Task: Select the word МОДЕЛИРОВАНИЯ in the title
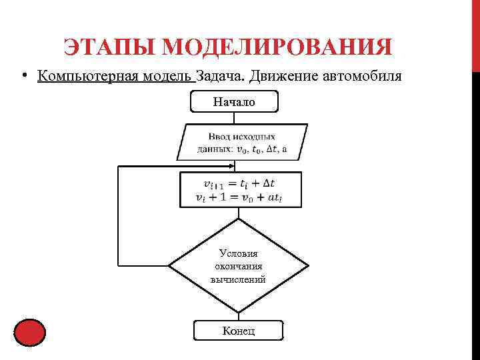point(277,48)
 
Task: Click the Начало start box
point(234,101)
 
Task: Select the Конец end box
point(238,331)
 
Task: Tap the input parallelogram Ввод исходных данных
point(242,142)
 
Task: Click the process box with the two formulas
point(240,190)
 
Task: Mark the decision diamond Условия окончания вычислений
point(238,266)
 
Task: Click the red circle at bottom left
point(29,333)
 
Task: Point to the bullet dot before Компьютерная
point(24,76)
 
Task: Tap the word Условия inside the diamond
point(238,253)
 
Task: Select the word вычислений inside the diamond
point(238,279)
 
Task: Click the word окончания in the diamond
point(238,267)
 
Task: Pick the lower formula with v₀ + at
point(239,197)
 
